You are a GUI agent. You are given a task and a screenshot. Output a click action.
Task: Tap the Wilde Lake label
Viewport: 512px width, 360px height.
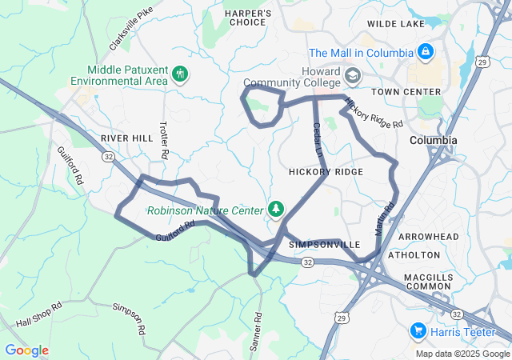(x=395, y=25)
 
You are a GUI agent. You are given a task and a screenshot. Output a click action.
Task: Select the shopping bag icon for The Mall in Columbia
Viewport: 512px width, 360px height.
(x=426, y=53)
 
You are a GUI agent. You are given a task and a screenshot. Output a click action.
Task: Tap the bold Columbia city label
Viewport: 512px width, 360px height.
(x=433, y=140)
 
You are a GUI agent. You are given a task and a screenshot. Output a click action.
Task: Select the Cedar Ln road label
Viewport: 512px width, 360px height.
(x=317, y=138)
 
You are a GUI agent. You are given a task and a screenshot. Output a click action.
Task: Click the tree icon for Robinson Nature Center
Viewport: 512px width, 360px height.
(x=276, y=210)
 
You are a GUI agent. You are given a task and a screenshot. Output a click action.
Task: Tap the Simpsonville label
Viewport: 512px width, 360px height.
(x=325, y=243)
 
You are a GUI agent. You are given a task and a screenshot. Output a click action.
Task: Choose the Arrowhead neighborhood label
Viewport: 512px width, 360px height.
(x=429, y=237)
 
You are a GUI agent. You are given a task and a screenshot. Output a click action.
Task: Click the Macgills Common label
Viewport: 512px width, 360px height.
(x=428, y=281)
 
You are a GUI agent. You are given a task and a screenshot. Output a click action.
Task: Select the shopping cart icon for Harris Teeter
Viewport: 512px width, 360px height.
(x=417, y=330)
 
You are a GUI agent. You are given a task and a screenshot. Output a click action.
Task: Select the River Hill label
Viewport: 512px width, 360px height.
(x=126, y=138)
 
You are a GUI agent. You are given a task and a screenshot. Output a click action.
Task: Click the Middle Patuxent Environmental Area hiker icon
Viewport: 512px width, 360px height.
(x=181, y=74)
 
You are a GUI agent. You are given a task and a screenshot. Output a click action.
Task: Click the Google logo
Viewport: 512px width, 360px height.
(x=26, y=350)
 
